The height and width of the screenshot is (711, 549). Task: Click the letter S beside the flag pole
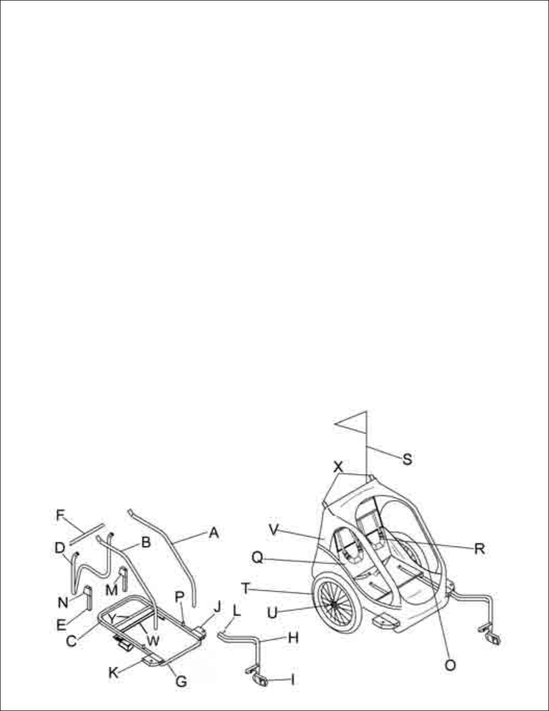pos(407,459)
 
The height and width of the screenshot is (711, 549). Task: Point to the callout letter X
pos(339,466)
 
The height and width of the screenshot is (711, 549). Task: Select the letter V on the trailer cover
pos(274,531)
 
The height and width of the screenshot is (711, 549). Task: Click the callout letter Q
pos(257,558)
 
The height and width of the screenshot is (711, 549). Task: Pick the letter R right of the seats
pos(480,548)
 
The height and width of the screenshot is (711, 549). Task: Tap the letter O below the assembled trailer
pos(451,665)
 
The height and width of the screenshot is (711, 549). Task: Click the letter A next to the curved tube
pos(214,533)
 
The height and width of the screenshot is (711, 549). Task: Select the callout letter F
pos(61,516)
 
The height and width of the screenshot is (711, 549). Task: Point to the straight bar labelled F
pos(86,535)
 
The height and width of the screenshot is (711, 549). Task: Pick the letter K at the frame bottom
pos(113,672)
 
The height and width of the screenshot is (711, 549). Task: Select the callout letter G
pos(181,681)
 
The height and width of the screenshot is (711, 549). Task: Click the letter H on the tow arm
pos(293,637)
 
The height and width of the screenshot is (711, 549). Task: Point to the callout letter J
pos(217,607)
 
